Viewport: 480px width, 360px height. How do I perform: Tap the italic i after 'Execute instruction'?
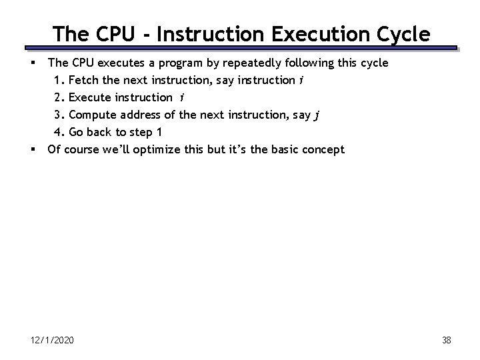point(183,98)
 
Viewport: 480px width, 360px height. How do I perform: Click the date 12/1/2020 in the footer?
point(53,341)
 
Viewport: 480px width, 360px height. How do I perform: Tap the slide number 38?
point(447,341)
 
